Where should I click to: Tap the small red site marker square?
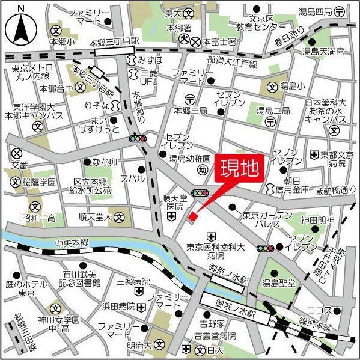click(x=192, y=216)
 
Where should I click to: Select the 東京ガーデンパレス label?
click(x=267, y=220)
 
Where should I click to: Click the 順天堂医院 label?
click(x=174, y=202)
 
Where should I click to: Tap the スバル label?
click(x=133, y=179)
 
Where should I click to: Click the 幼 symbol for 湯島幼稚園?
click(x=203, y=170)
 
